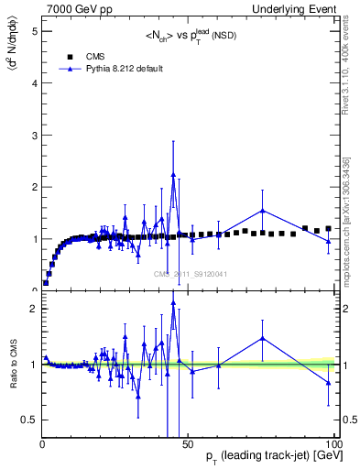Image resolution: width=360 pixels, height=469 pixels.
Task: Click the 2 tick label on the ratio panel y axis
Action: pyautogui.click(x=33, y=309)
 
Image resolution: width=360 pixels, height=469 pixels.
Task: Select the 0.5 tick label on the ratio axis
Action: pyautogui.click(x=29, y=420)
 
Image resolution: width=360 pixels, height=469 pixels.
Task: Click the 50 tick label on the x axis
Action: pyautogui.click(x=188, y=443)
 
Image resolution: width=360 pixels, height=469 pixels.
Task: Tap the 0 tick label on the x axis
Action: pyautogui.click(x=43, y=443)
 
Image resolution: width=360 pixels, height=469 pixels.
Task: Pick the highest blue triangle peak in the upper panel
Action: pyautogui.click(x=173, y=176)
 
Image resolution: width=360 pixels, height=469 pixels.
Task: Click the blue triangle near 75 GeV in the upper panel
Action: pyautogui.click(x=263, y=211)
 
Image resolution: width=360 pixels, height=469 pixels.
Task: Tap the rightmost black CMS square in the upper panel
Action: pyautogui.click(x=328, y=229)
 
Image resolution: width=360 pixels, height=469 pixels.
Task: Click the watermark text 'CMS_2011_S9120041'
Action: pyautogui.click(x=191, y=274)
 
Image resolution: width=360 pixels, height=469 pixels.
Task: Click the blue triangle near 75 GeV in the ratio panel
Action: pyautogui.click(x=263, y=338)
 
